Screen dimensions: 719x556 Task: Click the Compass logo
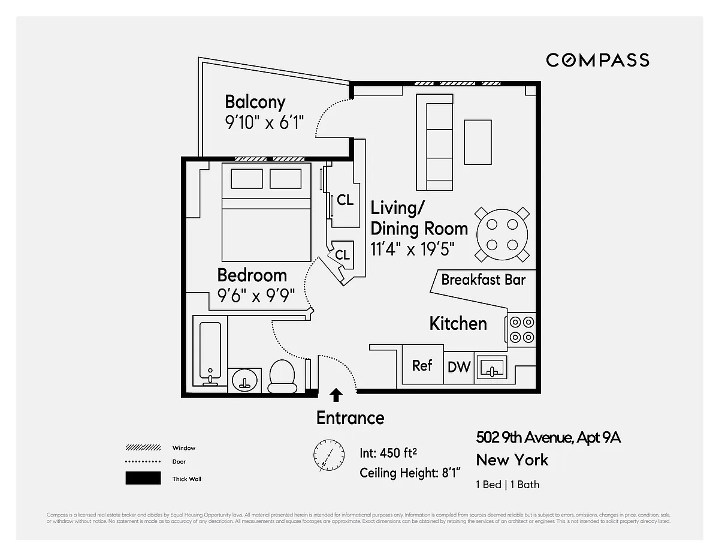coord(597,60)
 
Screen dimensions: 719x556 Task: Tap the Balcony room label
coord(255,102)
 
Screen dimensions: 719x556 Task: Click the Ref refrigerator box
coord(422,365)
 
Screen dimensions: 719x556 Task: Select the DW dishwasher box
coord(460,366)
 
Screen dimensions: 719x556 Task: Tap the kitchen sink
coord(491,366)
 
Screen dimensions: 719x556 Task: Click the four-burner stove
coord(521,329)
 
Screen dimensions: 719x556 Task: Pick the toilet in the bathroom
coord(283,376)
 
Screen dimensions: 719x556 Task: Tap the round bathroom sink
coord(245,379)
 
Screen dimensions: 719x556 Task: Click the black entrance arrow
coord(337,395)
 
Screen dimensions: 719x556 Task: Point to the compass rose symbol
coord(329,455)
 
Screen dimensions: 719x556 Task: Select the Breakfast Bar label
coord(483,279)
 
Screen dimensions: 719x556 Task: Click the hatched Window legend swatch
coord(143,448)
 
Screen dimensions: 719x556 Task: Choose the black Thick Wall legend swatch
coord(143,479)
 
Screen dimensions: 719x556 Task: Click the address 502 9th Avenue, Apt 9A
coord(548,437)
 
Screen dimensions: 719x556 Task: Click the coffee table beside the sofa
coord(478,142)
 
